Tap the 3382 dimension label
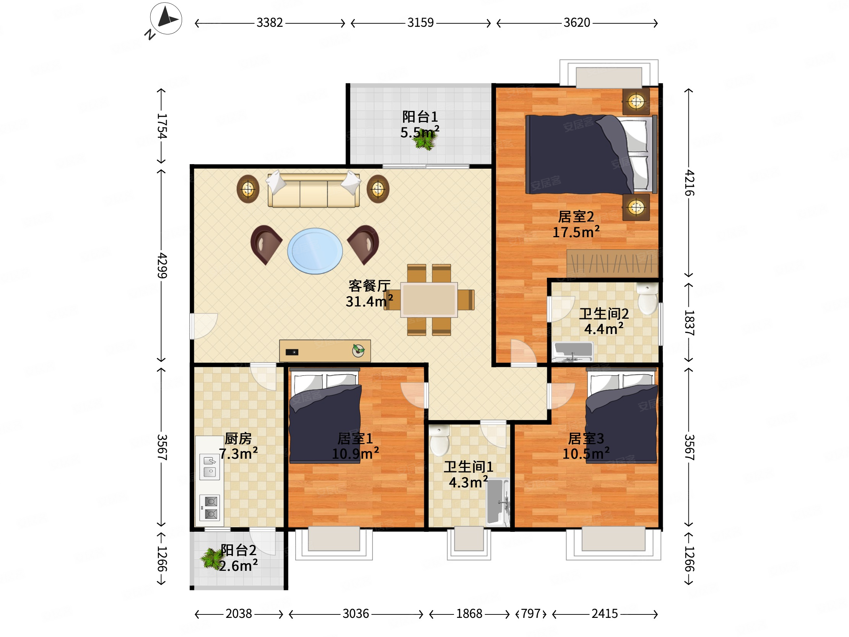[x=270, y=23]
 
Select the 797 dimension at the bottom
[x=531, y=614]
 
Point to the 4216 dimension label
[x=689, y=182]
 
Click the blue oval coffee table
[x=315, y=251]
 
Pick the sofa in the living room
[x=314, y=190]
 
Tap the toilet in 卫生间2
[x=647, y=299]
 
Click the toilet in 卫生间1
[x=439, y=440]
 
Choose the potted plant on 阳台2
[x=211, y=558]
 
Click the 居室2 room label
[x=576, y=217]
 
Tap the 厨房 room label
[x=238, y=438]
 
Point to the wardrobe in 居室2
[x=613, y=263]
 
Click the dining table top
[x=429, y=300]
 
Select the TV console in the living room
[x=325, y=350]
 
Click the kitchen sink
[x=210, y=466]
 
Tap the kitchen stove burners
[x=210, y=508]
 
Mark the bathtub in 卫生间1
[x=498, y=502]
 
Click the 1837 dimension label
[x=689, y=323]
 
